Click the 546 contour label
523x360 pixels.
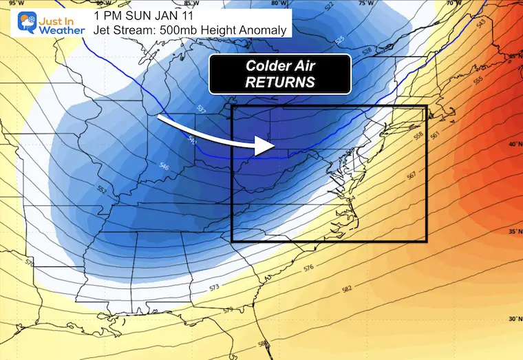coord(164,166)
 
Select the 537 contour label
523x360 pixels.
coord(202,109)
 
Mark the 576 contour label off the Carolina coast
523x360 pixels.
coord(308,268)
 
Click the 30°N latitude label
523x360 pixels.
coord(513,319)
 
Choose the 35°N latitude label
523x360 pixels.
coord(513,232)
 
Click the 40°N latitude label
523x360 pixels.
coord(513,145)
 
